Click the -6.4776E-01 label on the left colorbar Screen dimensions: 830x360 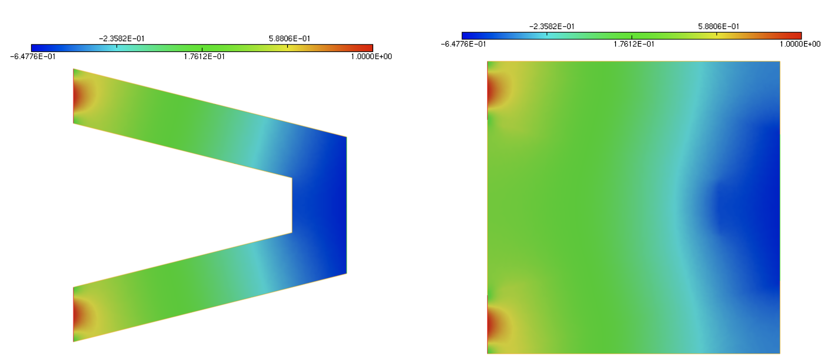click(x=33, y=57)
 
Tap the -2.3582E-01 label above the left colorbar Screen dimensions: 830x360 click(x=122, y=39)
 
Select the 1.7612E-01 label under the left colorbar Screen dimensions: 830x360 click(x=204, y=57)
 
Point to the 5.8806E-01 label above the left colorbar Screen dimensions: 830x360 click(x=290, y=39)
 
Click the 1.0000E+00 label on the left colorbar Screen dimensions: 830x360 click(x=371, y=57)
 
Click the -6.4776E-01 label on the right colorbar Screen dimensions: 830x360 click(x=463, y=44)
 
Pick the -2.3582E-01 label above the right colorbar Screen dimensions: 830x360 click(x=552, y=27)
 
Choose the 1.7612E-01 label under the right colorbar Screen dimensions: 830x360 click(x=634, y=44)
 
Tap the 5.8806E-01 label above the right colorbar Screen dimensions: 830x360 click(x=719, y=27)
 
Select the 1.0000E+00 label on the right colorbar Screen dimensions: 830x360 click(x=800, y=44)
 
